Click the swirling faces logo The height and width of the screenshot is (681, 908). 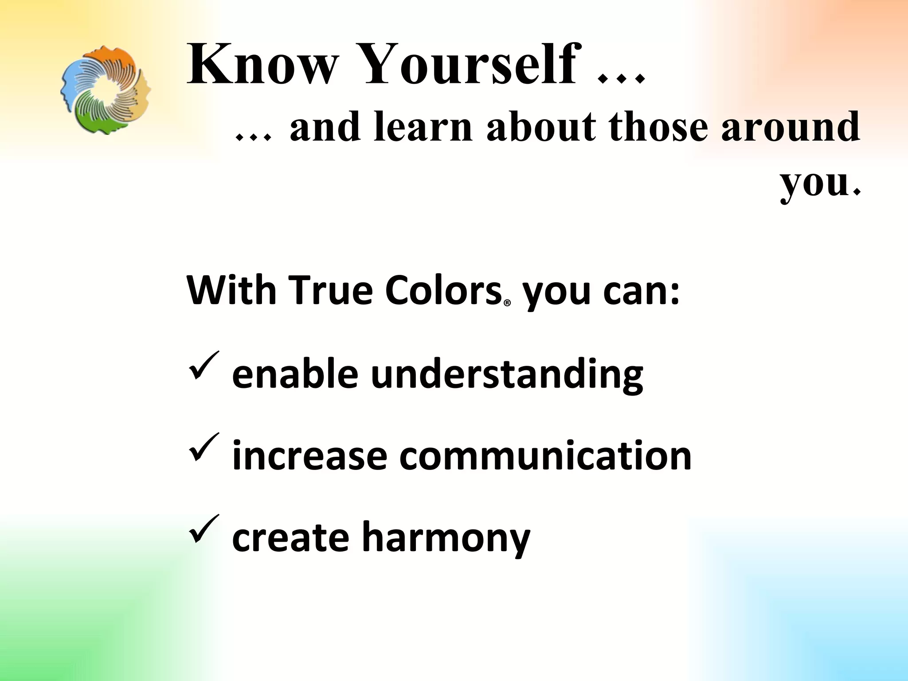pos(106,90)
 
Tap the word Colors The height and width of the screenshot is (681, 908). pos(443,291)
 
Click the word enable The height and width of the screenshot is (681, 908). pos(295,373)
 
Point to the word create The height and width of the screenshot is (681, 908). pos(290,537)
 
